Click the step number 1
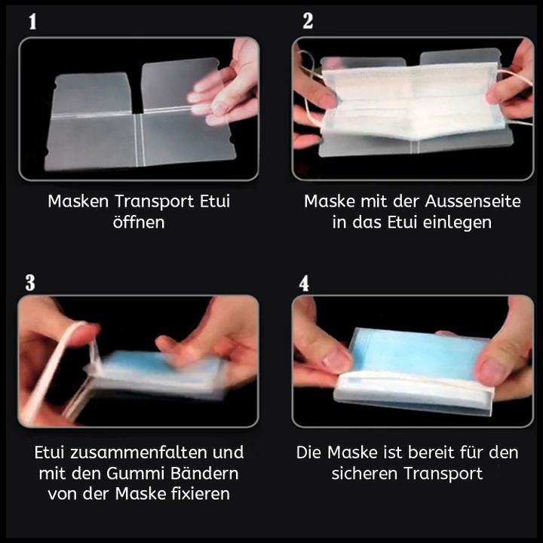point(32,22)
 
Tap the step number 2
point(308,22)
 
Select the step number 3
point(30,283)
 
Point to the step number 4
point(305,284)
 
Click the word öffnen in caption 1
point(139,222)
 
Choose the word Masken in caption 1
point(78,201)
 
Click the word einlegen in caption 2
point(456,222)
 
